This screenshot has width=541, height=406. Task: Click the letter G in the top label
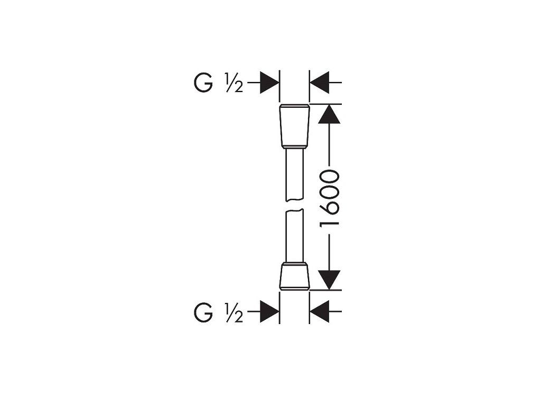(203, 84)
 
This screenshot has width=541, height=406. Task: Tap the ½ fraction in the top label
(233, 85)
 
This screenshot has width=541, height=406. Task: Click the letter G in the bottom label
(203, 313)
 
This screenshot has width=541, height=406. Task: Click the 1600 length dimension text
(330, 198)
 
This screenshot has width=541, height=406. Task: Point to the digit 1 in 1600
(330, 222)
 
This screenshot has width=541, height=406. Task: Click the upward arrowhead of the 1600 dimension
(330, 114)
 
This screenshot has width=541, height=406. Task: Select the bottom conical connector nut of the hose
(294, 275)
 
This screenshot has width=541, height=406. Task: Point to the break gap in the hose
(294, 206)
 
